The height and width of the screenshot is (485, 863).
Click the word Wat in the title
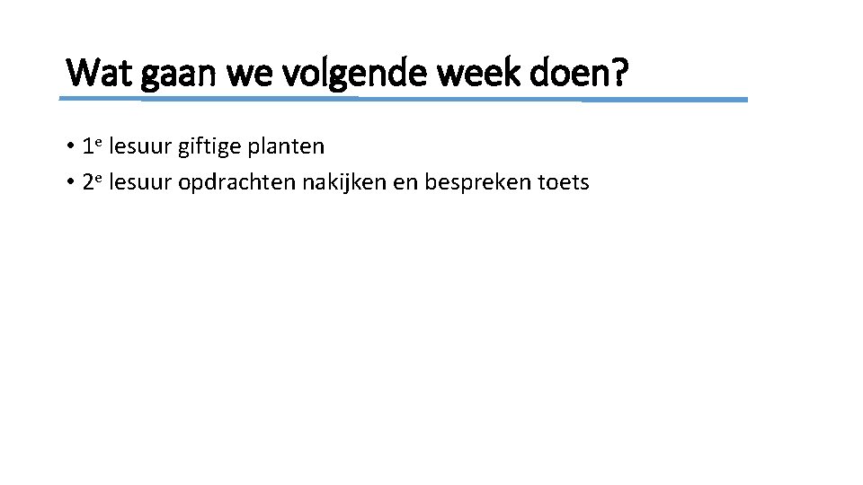click(96, 72)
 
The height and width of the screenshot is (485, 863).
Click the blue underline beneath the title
click(405, 99)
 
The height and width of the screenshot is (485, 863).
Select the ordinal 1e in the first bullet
click(91, 145)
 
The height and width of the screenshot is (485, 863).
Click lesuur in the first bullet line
click(140, 145)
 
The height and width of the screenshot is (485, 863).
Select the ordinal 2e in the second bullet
click(91, 181)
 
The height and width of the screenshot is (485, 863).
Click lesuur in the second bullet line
click(140, 182)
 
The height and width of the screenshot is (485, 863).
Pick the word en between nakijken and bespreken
click(406, 183)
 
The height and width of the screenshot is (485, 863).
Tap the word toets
click(564, 182)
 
